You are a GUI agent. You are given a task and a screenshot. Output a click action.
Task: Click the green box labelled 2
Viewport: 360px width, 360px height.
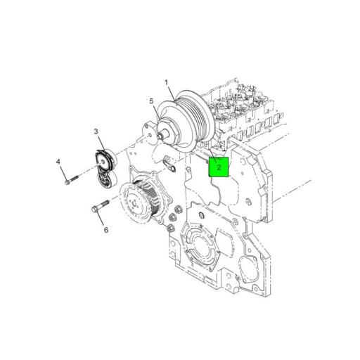point(219,167)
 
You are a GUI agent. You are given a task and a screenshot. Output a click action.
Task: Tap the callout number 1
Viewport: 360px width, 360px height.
point(167,84)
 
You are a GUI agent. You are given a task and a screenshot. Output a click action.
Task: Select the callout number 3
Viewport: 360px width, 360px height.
point(96,131)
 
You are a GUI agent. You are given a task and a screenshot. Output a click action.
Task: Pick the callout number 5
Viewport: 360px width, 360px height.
point(151,102)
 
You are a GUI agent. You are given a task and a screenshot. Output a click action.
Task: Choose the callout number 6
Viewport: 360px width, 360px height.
point(105,229)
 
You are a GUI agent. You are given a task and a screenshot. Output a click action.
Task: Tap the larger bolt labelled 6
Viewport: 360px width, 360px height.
point(97,208)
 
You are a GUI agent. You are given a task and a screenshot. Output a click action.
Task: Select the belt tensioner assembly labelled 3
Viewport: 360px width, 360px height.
point(103,168)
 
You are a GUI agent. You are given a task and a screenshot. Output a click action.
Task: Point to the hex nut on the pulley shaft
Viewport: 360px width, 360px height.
point(164,131)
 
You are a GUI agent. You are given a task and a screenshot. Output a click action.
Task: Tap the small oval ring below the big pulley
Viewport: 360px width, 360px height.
point(169,167)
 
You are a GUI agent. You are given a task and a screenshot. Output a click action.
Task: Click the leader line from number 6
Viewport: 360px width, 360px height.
point(103,219)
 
